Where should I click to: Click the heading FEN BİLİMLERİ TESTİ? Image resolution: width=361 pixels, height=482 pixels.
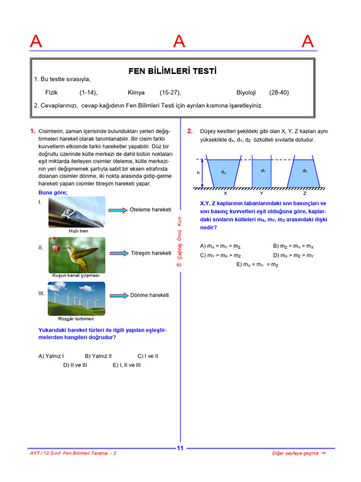click(173, 72)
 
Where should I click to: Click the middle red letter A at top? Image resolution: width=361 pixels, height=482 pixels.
click(179, 42)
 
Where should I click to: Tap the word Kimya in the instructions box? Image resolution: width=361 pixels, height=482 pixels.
click(136, 93)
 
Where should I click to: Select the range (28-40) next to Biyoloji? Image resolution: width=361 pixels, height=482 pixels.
click(279, 93)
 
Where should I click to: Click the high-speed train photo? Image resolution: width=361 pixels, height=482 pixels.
click(77, 212)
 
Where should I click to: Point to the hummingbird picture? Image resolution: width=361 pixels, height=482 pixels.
click(77, 255)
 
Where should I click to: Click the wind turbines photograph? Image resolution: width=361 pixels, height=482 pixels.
click(77, 298)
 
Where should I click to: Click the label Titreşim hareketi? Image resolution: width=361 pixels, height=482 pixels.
click(151, 253)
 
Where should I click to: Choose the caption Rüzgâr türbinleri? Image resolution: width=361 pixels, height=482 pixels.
click(76, 319)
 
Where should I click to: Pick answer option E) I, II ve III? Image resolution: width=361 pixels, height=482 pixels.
click(126, 365)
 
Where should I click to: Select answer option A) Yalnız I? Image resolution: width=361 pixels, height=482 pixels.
click(51, 356)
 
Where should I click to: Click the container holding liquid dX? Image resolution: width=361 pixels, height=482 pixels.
click(224, 173)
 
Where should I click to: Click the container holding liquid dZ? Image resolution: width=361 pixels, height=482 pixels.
click(305, 173)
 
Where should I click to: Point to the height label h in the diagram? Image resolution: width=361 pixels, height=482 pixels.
click(198, 173)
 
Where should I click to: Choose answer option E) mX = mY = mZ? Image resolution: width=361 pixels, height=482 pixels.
click(257, 265)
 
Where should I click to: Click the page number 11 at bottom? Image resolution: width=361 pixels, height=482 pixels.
click(180, 448)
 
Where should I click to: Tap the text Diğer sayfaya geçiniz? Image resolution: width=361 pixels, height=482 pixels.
click(296, 453)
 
